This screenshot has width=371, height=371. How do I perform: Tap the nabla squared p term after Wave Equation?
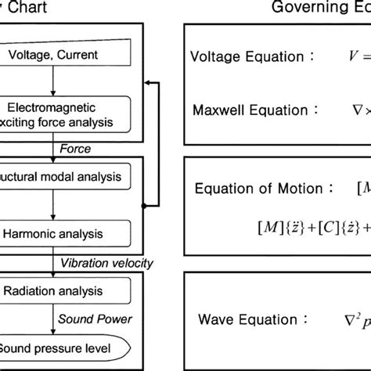(357, 319)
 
